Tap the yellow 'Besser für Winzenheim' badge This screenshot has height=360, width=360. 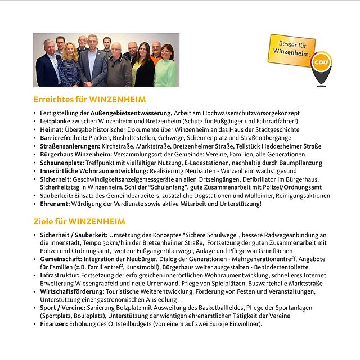pyautogui.click(x=292, y=49)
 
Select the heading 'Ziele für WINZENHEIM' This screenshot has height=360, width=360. pyautogui.click(x=79, y=222)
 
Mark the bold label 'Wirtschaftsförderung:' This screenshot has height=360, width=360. pyautogui.click(x=73, y=291)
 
